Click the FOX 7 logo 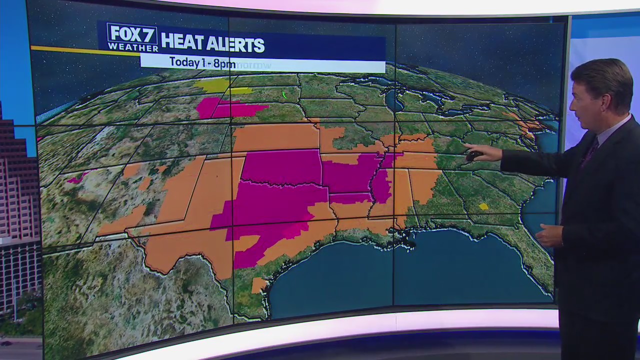tap(132, 33)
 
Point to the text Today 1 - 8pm tap(202, 63)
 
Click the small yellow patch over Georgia tap(483, 206)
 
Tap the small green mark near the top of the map tap(284, 94)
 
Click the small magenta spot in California tap(76, 178)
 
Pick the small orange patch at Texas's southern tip tap(258, 285)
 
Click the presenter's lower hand tap(550, 235)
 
